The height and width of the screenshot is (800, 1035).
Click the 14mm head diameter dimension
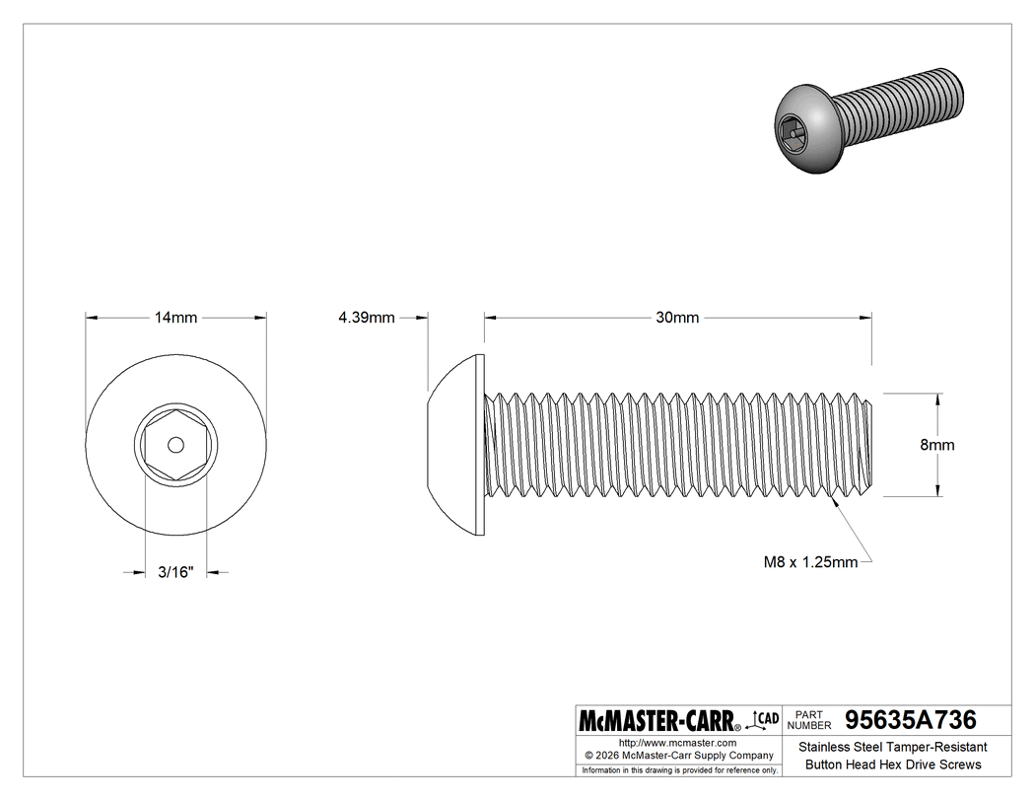coord(175,318)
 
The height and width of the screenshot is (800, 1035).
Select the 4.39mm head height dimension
coord(366,318)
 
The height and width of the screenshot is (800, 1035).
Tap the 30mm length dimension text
coord(677,318)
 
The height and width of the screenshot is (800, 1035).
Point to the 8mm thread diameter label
coord(936,445)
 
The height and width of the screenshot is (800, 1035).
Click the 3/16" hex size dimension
coord(175,571)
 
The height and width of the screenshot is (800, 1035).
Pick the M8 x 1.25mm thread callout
coord(810,562)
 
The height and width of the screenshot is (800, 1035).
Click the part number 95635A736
coord(904,719)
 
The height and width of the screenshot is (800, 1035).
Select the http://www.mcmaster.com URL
coord(677,743)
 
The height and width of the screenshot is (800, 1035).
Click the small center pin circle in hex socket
coord(175,445)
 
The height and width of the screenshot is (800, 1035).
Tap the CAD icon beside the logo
coord(766,718)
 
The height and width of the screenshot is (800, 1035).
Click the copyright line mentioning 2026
coord(677,756)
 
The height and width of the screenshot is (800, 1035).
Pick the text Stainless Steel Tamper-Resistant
coord(892,748)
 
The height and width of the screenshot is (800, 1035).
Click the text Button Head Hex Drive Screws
coord(892,764)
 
